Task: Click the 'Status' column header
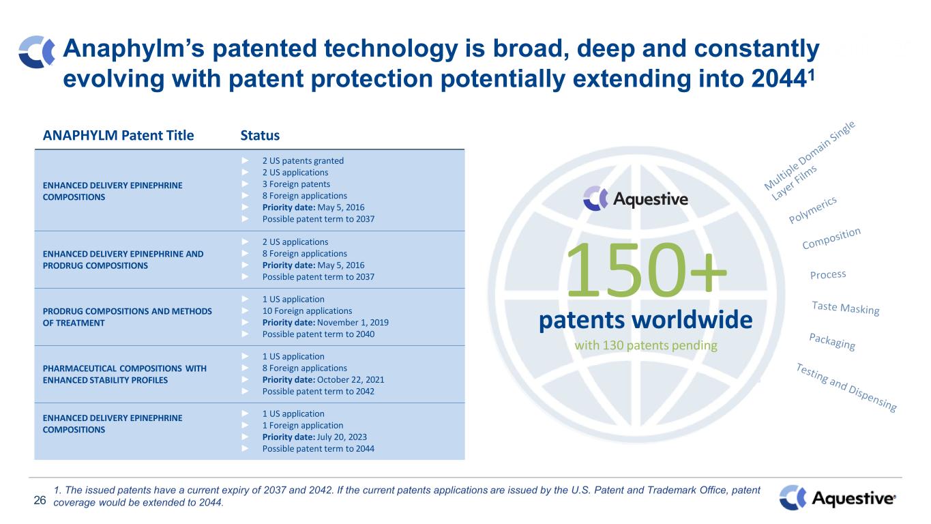pos(260,136)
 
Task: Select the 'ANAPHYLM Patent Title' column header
pos(118,136)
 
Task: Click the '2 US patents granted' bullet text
pos(303,160)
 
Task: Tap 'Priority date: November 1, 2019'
pos(325,322)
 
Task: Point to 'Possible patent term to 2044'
pos(319,449)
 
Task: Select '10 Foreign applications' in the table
pos(307,310)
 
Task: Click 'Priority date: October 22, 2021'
pos(323,379)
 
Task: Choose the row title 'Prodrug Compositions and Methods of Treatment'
pos(127,317)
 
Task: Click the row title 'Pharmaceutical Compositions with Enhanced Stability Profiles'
pos(125,375)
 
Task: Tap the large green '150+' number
pos(647,270)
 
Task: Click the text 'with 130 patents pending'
pos(646,346)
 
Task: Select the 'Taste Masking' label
pos(846,308)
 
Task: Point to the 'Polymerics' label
pos(812,209)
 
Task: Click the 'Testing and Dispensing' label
pos(846,387)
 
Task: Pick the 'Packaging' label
pos(832,341)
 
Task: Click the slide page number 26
pos(40,500)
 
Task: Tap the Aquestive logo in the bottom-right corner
pos(838,498)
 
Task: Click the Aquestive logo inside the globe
pos(636,199)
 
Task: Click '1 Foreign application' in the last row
pos(303,426)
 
